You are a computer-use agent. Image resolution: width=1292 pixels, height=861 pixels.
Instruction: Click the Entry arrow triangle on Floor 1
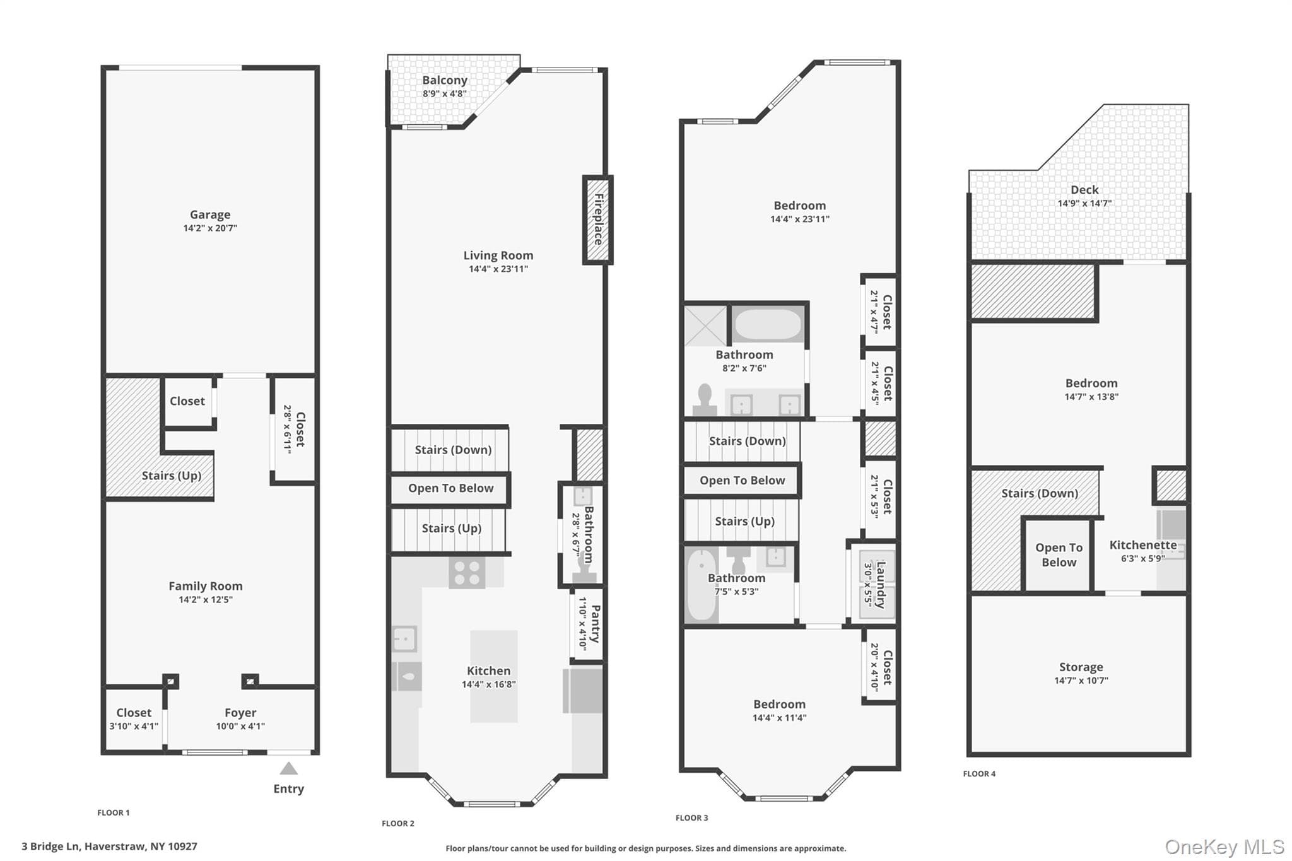(x=288, y=768)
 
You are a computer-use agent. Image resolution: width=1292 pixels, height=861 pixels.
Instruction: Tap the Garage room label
(x=210, y=214)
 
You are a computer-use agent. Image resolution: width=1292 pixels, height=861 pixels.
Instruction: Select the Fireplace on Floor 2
(x=597, y=220)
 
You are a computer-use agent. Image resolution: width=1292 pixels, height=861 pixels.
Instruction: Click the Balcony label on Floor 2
(x=445, y=80)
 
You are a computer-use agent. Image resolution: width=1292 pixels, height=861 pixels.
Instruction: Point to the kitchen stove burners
(x=467, y=573)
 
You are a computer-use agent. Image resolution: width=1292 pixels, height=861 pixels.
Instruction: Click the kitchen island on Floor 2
(x=494, y=676)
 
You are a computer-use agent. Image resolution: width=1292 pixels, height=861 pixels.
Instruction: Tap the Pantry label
(x=595, y=624)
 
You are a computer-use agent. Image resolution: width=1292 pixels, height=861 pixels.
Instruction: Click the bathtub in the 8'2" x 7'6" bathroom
(x=768, y=324)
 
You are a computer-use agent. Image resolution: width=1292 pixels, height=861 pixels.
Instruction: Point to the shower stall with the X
(x=706, y=325)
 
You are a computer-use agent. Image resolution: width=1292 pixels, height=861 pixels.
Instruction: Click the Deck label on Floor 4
(x=1084, y=190)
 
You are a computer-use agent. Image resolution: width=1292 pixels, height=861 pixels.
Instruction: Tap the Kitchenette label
(x=1143, y=545)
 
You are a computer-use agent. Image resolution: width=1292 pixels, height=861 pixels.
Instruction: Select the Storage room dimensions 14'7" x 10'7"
(x=1081, y=681)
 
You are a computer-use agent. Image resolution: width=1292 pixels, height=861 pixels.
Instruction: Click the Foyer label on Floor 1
(x=240, y=713)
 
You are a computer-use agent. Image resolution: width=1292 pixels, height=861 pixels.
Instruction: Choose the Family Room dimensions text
(x=206, y=600)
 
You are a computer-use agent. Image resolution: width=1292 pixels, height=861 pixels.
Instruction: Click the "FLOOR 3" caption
(x=691, y=818)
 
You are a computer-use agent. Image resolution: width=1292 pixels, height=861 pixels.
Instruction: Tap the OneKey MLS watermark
(x=1224, y=846)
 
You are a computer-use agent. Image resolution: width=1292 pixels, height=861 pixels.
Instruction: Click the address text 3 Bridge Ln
(x=50, y=846)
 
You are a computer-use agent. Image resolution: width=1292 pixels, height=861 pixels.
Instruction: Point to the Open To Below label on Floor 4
(x=1059, y=555)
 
